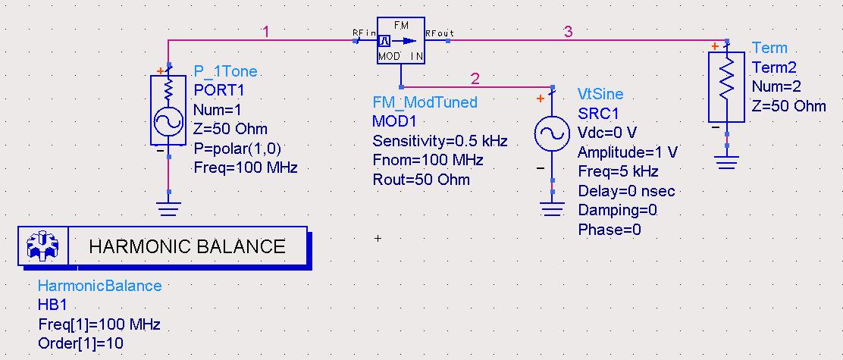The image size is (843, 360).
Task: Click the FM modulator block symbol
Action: coord(400,40)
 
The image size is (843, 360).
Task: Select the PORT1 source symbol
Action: coord(168,110)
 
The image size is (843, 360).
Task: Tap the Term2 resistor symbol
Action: coord(726,87)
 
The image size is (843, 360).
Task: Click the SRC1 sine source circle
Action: coord(552,134)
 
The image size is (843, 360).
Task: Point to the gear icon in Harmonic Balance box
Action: coord(43,246)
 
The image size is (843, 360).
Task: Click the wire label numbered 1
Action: coord(265,33)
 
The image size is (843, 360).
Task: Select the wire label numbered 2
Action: coord(475,79)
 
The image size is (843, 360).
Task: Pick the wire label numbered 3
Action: coord(569,33)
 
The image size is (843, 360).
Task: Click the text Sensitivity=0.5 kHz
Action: coord(440,141)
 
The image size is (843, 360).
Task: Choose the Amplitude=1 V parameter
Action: coord(627,152)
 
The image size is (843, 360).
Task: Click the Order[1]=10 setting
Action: coord(80,343)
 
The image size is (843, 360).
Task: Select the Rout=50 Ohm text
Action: coord(421,180)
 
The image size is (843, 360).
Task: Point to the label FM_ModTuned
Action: coord(425,102)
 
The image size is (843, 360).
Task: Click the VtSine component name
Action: coord(600,94)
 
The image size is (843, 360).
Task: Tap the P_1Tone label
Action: coord(225,71)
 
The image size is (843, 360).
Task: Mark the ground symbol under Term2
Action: coord(726,161)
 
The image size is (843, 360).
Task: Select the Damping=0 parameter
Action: coord(617,210)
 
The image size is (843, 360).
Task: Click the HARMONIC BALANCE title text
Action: coord(187,246)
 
